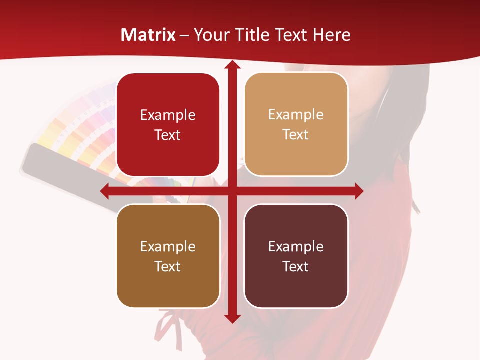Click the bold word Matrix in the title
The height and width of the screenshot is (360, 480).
coord(148,35)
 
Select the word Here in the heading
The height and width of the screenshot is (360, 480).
coord(332,35)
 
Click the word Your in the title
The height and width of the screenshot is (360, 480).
coord(211,35)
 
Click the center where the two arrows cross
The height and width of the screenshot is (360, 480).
coord(232,191)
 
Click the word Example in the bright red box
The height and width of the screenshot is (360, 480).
coord(168,115)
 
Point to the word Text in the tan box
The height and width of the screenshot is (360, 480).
coord(296,135)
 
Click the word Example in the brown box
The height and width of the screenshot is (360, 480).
coord(168,246)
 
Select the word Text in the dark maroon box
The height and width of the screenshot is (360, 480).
coord(296,266)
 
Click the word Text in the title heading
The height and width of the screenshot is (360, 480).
coord(290,35)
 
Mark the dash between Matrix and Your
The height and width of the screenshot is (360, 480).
coord(184,35)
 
